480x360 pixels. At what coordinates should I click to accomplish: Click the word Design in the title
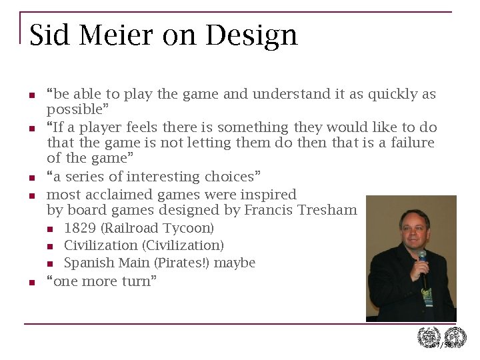pos(251,35)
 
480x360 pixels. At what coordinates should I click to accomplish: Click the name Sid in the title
pos(49,35)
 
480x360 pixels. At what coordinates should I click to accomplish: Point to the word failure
pos(412,143)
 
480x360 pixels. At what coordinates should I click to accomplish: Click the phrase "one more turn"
pos(101,281)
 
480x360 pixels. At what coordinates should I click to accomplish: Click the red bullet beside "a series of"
pos(31,178)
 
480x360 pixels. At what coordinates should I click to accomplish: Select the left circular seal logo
pos(429,338)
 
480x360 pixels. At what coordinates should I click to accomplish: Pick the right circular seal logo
pos(455,338)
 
